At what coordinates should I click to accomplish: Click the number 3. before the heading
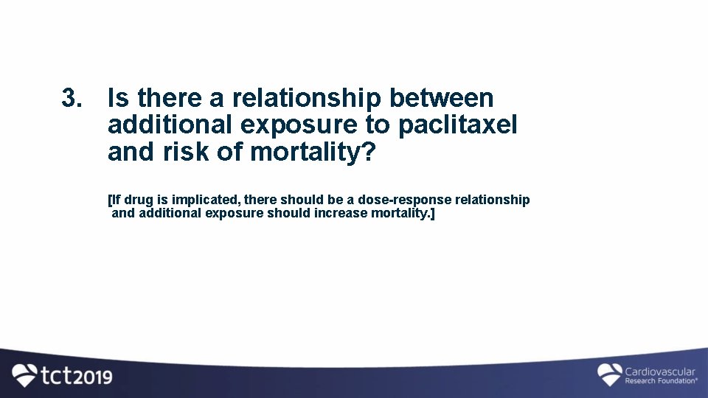pyautogui.click(x=72, y=98)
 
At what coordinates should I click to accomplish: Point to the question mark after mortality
pyautogui.click(x=369, y=153)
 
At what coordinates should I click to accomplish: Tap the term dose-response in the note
pyautogui.click(x=406, y=200)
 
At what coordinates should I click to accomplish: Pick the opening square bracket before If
pyautogui.click(x=110, y=200)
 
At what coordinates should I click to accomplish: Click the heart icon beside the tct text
pyautogui.click(x=25, y=376)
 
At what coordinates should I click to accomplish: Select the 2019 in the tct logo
pyautogui.click(x=93, y=377)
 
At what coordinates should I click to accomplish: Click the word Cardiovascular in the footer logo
pyautogui.click(x=660, y=372)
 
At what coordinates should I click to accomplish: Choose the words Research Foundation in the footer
pyautogui.click(x=659, y=381)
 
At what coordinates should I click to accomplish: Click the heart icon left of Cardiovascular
pyautogui.click(x=609, y=374)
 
